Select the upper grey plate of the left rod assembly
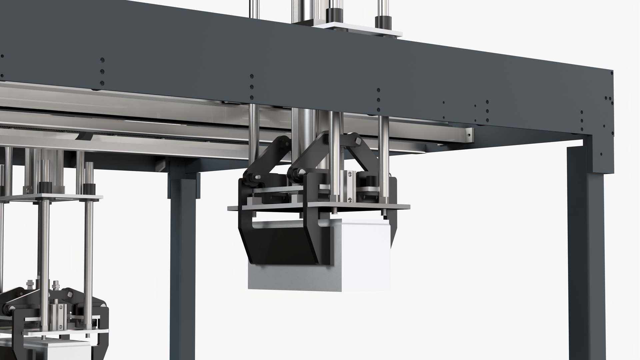point(50,197)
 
